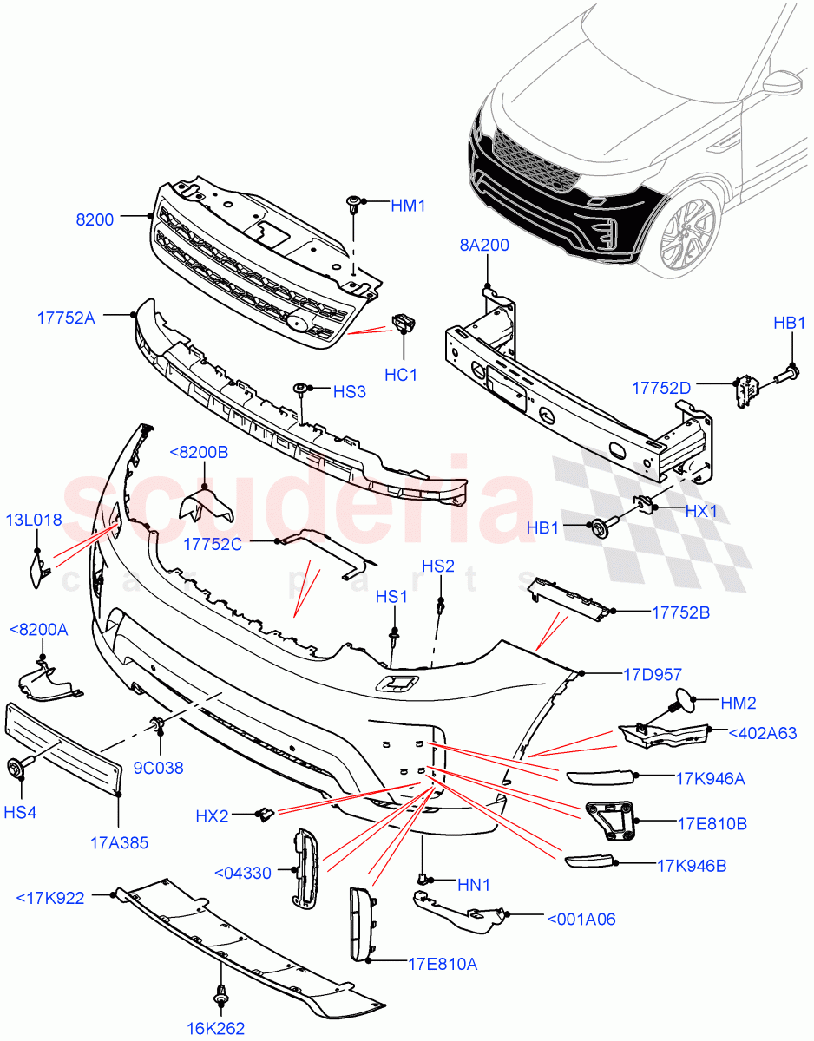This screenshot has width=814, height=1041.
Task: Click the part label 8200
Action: [95, 219]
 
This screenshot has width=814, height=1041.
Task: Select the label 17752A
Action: [66, 318]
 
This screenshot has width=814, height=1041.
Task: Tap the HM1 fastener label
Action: [409, 205]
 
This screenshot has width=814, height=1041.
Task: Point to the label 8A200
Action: [483, 246]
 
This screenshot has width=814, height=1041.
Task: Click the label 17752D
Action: [661, 389]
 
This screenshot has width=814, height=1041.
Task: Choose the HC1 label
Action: [402, 375]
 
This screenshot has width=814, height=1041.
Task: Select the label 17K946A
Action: [710, 778]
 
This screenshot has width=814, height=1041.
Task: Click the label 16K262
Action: [215, 1028]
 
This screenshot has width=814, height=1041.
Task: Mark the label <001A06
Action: [581, 919]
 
